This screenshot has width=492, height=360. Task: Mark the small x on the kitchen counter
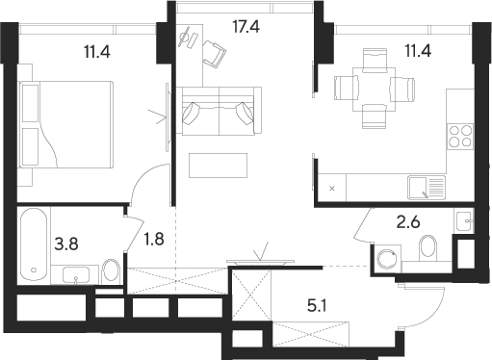pyautogui.click(x=331, y=188)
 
